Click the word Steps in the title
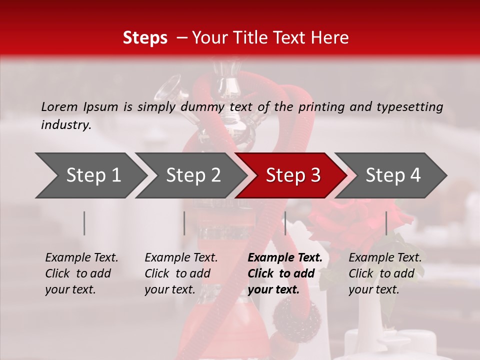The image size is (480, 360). coord(145,38)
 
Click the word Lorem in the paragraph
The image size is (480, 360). coord(59,106)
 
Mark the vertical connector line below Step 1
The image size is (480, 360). coord(84,223)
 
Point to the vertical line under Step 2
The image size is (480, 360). coord(184,223)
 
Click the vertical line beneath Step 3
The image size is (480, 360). coord(285,223)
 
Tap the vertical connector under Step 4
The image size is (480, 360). coord(386,223)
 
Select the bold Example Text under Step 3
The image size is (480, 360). coord(285,257)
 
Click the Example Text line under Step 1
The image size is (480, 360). coord(81,257)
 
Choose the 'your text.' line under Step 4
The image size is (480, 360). coord(373,289)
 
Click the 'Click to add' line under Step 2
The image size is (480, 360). coord(177,273)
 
